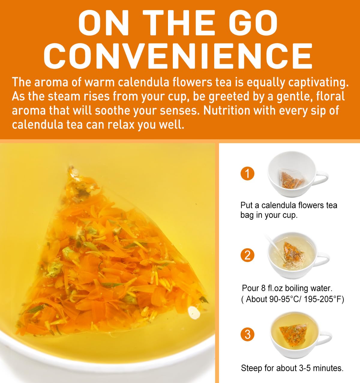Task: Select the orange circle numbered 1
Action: coord(247,174)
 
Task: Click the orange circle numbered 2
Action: coord(247,255)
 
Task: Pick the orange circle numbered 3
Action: coord(247,334)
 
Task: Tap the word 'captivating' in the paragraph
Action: coord(317,83)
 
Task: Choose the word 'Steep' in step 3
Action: coord(251,368)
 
